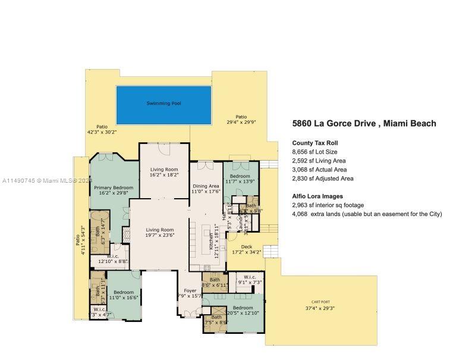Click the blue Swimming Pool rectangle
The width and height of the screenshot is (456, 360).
(x=163, y=104)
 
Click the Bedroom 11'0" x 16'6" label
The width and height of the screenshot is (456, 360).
(x=124, y=295)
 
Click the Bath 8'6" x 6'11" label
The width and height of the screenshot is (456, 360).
(x=215, y=282)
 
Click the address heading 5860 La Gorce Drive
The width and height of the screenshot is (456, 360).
(x=364, y=124)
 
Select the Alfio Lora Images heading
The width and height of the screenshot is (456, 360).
(x=317, y=196)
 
